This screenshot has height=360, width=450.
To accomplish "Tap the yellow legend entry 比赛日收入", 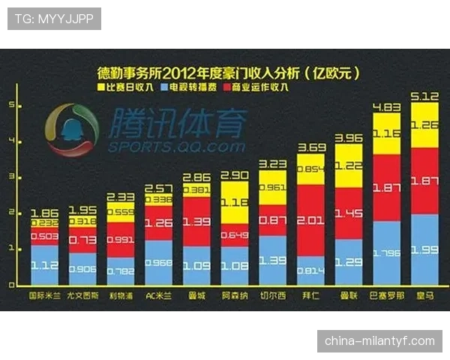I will [129, 88].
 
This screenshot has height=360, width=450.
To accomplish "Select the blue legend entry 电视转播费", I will [190, 88].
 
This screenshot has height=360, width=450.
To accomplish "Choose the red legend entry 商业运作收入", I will [258, 88].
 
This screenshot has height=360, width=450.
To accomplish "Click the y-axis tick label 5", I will [12, 106].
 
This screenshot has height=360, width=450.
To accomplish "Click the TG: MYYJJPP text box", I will [54, 19].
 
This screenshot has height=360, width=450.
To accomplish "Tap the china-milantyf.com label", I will [379, 341].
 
